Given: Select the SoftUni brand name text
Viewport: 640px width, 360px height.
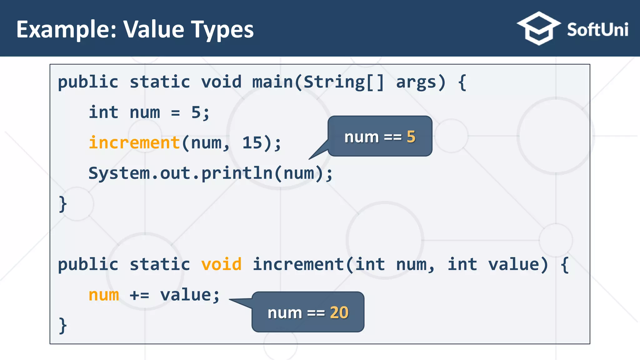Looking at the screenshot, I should [x=597, y=30].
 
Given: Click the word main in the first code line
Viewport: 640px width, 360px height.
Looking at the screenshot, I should [x=272, y=82].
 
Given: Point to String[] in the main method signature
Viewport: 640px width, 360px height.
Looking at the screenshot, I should [x=343, y=82].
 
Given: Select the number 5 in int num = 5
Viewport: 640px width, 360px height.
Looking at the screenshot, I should [x=196, y=112].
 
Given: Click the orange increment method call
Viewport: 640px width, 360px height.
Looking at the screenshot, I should [x=134, y=143].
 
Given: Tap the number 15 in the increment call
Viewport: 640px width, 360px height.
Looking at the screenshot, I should [x=252, y=143].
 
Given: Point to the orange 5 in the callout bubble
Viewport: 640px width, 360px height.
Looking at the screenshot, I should [x=411, y=137].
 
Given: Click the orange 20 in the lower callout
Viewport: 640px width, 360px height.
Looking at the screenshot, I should [x=339, y=312].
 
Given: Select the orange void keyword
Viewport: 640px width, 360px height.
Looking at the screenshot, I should [x=221, y=264].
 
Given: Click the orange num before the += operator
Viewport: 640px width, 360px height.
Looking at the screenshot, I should [x=104, y=295].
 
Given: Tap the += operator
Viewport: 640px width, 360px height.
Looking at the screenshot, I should [x=139, y=295].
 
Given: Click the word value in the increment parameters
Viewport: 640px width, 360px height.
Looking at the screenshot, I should [x=513, y=264].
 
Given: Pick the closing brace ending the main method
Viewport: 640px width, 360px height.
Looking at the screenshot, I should [x=63, y=204].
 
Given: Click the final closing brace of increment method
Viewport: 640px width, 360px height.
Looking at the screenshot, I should [x=63, y=325].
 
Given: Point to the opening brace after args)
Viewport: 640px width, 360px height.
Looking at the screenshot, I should [x=462, y=82].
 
